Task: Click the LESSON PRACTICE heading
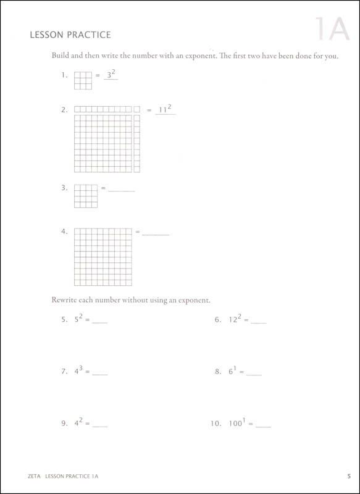pyautogui.click(x=70, y=36)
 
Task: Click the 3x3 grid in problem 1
pyautogui.click(x=83, y=81)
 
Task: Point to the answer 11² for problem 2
pyautogui.click(x=165, y=110)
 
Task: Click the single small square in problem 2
pyautogui.click(x=137, y=110)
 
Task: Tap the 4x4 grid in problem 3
pyautogui.click(x=86, y=196)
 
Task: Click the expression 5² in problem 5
pyautogui.click(x=78, y=320)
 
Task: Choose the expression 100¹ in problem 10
pyautogui.click(x=238, y=424)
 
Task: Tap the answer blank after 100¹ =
pyautogui.click(x=263, y=426)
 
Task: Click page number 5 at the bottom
pyautogui.click(x=349, y=475)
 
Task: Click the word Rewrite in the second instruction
pyautogui.click(x=64, y=301)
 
